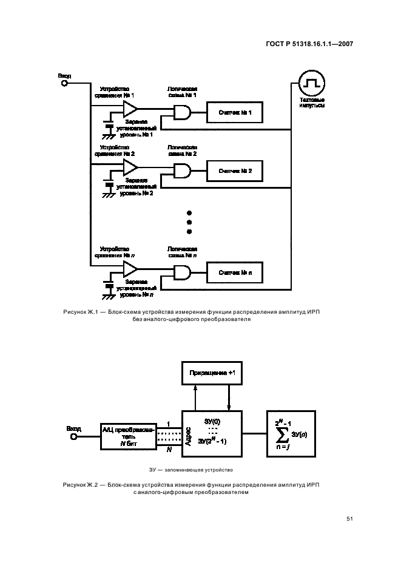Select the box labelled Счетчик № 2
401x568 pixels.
pyautogui.click(x=235, y=172)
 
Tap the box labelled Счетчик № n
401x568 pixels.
pyautogui.click(x=235, y=272)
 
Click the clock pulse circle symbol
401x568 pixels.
pyautogui.click(x=312, y=82)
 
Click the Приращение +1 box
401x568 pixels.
pyautogui.click(x=212, y=373)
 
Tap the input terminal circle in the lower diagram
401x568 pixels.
pyautogui.click(x=73, y=436)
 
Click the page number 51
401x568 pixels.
pyautogui.click(x=349, y=518)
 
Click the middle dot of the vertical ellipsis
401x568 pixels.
pyautogui.click(x=189, y=222)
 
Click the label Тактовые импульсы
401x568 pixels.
pyautogui.click(x=312, y=103)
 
